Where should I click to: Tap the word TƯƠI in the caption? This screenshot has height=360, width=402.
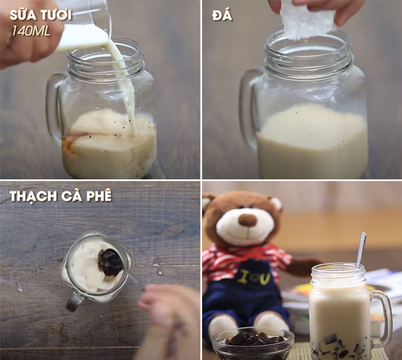[x=55, y=15]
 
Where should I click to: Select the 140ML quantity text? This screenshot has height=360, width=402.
[x=31, y=31]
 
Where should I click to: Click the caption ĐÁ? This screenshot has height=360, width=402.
[x=222, y=15]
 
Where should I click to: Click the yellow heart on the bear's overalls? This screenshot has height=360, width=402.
[x=251, y=279]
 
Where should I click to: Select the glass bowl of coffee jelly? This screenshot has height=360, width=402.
[x=253, y=343]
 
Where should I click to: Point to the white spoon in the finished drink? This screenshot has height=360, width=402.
[x=361, y=249]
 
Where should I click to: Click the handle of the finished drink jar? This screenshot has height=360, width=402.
[x=383, y=317]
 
